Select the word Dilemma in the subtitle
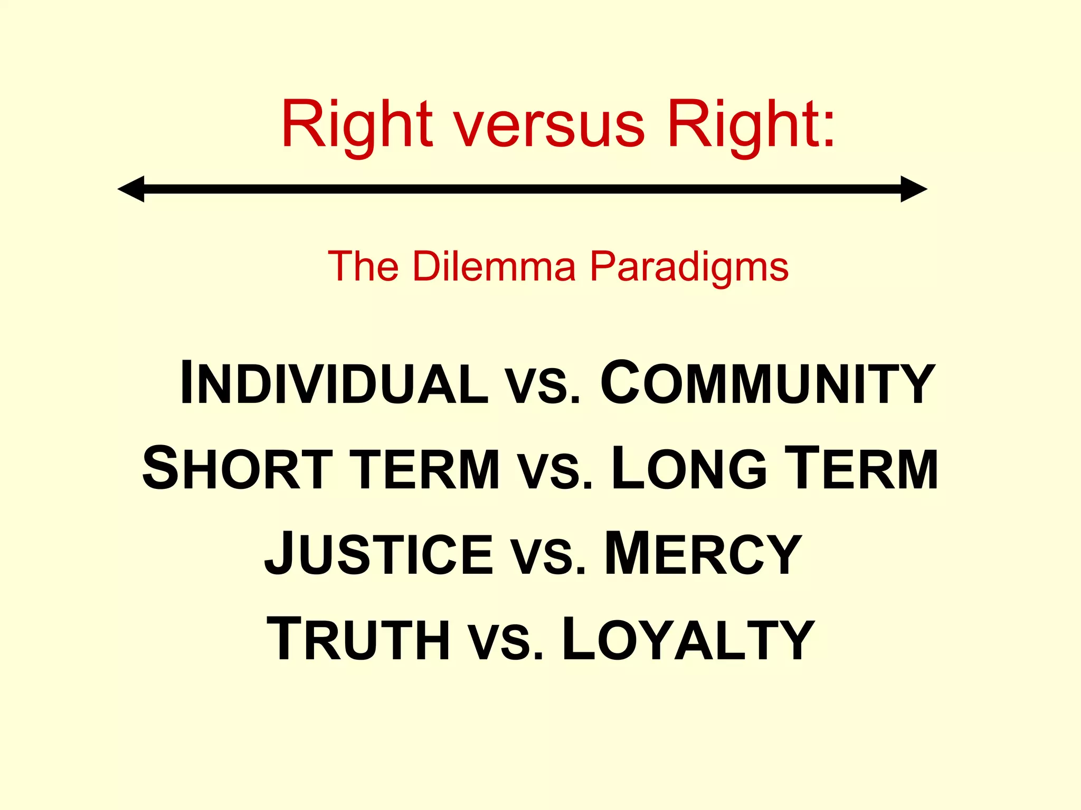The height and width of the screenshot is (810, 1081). pyautogui.click(x=494, y=266)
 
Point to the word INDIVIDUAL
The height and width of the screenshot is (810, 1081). pyautogui.click(x=334, y=383)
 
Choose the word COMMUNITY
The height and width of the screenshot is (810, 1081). pyautogui.click(x=767, y=383)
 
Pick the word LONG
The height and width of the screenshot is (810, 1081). pyautogui.click(x=688, y=469)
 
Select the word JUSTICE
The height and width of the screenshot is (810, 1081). pyautogui.click(x=378, y=554)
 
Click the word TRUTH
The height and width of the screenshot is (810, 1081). pyautogui.click(x=358, y=639)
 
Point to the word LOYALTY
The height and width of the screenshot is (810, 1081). pyautogui.click(x=688, y=639)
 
